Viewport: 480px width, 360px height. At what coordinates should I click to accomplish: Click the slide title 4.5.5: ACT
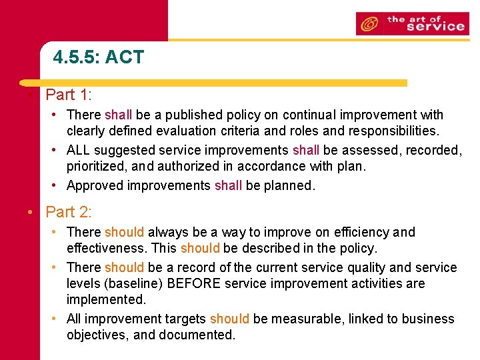click(x=98, y=57)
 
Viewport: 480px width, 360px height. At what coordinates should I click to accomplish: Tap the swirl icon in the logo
click(x=369, y=25)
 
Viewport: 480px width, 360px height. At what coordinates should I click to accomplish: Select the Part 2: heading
click(x=69, y=212)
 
